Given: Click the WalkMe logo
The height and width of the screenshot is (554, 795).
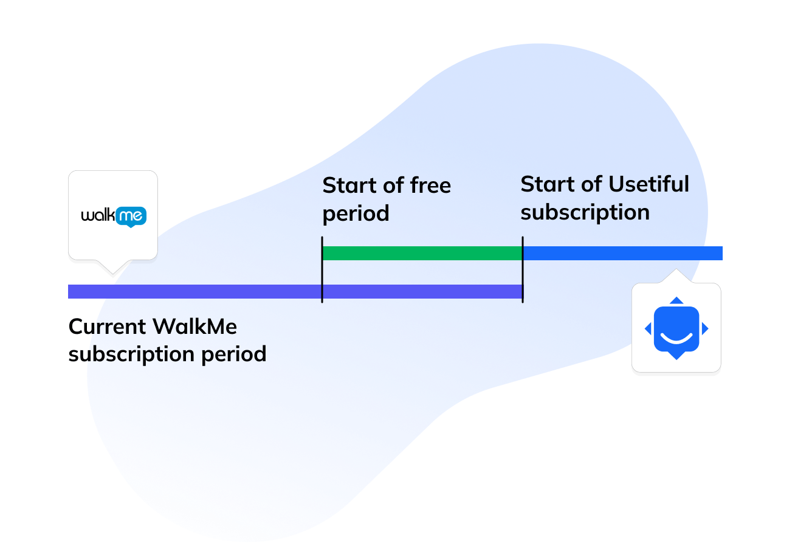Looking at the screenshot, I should [114, 216].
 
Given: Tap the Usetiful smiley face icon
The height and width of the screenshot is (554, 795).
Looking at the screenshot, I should [676, 328].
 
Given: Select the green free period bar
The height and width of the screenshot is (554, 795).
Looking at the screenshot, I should [422, 253].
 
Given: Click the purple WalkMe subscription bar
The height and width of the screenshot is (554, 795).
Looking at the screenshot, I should [194, 292].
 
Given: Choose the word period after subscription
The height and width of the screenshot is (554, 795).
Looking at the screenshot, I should [235, 354].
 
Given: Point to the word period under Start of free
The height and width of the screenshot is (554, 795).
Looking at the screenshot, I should [356, 214].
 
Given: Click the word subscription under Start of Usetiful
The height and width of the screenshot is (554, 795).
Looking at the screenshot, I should [585, 213].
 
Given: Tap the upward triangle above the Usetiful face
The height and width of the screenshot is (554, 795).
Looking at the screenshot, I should [676, 300].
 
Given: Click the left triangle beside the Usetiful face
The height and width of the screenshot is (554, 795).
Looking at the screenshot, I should [648, 329].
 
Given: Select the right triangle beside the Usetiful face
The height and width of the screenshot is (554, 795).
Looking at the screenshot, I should [705, 329].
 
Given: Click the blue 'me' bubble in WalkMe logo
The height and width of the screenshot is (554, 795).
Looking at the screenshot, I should [131, 216].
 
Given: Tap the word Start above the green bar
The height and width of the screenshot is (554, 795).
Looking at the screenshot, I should [345, 185].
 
